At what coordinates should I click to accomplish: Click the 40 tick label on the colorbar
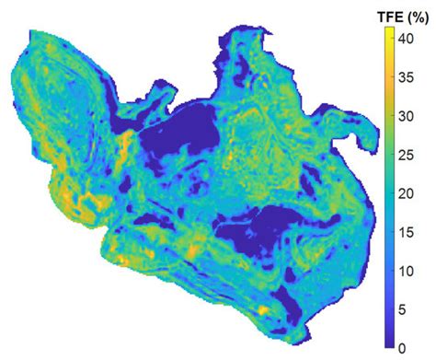point(412,38)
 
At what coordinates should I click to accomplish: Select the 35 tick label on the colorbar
point(412,76)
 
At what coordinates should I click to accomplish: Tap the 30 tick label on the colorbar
point(412,115)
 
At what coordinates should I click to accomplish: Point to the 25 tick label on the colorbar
point(412,154)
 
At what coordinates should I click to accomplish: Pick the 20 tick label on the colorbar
point(412,192)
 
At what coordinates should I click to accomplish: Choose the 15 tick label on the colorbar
point(412,231)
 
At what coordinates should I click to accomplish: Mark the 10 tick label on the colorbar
point(412,271)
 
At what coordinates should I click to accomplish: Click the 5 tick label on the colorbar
point(409,309)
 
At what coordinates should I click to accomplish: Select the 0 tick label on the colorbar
point(409,348)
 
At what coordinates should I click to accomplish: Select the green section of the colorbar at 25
point(390,154)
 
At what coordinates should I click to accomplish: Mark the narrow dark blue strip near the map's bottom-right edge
point(293,304)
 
